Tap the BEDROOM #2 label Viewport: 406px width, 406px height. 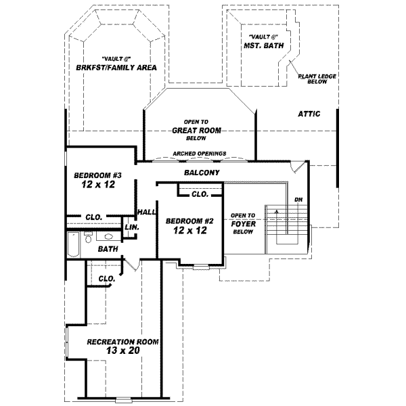[x=181, y=221]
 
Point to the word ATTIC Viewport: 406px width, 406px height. [x=309, y=114]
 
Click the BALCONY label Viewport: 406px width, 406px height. [x=202, y=173]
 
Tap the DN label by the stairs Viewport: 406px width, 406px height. [x=298, y=200]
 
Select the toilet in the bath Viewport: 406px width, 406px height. [x=88, y=237]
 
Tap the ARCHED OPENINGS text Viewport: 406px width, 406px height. [x=200, y=154]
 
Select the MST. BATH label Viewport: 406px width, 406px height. [x=263, y=46]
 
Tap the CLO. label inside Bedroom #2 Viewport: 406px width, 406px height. [x=199, y=194]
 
